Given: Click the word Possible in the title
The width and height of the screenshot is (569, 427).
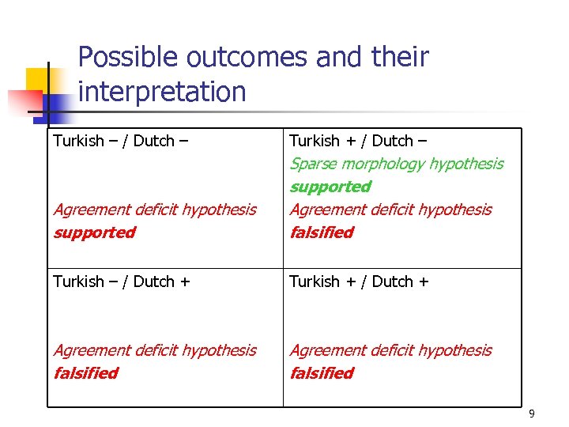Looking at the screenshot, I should coord(128,58).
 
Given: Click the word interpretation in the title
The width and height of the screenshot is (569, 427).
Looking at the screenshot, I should coord(163,93).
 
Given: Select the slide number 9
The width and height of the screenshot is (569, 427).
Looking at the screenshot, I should coord(532,414).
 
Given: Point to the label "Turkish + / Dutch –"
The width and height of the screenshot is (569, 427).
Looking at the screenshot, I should coord(358,141).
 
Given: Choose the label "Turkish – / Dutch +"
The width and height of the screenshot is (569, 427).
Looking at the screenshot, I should coord(122,282).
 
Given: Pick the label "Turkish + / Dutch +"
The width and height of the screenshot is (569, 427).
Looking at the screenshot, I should coord(360,282).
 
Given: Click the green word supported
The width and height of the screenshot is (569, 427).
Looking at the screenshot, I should coord(330,187).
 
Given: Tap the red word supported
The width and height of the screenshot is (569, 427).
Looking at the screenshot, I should coord(94,232).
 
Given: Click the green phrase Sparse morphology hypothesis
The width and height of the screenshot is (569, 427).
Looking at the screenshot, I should coord(397,164).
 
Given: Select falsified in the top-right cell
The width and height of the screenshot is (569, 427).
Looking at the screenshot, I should coord(322,232).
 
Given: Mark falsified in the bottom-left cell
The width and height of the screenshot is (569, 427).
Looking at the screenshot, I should coord(85,373).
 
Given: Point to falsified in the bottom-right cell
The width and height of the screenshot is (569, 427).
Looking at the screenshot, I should coord(322,373).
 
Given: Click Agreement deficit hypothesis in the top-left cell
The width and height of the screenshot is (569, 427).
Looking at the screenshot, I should coord(155,210).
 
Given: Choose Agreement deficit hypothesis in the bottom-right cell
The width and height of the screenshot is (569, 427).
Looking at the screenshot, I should coord(391,350).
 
